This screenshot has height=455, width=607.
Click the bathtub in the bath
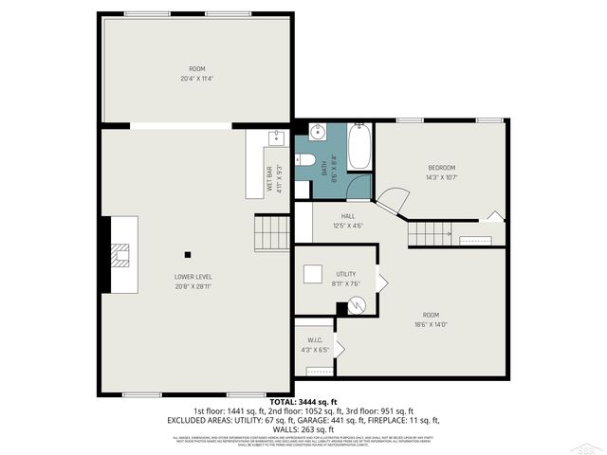(360, 148)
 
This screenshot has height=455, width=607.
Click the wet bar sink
(276, 138)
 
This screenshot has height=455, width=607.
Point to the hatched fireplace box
(119, 255)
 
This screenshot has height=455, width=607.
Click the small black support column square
(188, 254)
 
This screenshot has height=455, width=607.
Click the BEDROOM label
(441, 168)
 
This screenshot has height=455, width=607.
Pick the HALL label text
(348, 216)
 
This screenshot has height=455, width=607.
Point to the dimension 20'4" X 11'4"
(196, 78)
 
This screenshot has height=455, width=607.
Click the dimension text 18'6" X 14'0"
(431, 324)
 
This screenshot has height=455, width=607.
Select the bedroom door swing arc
(394, 200)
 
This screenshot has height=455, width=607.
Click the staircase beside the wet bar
(271, 232)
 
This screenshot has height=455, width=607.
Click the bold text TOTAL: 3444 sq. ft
(304, 403)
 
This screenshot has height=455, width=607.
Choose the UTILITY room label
(345, 274)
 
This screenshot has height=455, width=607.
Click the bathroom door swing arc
(359, 187)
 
